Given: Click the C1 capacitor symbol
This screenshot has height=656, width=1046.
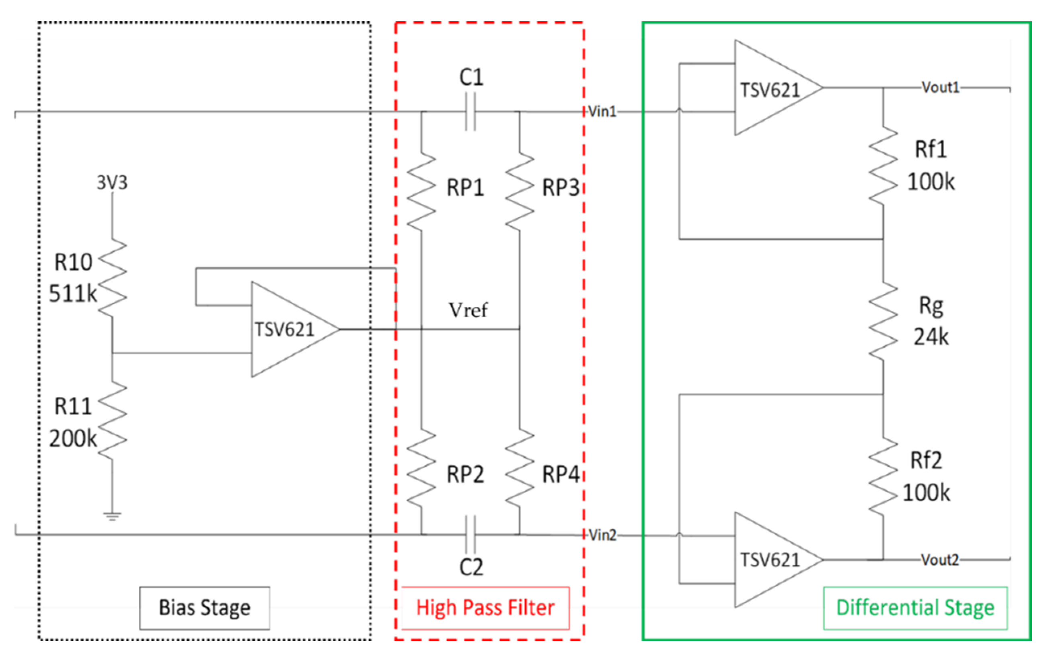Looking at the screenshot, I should [x=471, y=112].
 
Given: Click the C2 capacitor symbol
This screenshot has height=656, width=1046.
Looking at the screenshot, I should [x=471, y=534].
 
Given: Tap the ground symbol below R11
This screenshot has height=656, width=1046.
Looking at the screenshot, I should [x=112, y=516].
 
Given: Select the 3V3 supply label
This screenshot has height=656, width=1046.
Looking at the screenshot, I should [x=112, y=182].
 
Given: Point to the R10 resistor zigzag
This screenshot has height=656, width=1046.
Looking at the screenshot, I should [x=113, y=278].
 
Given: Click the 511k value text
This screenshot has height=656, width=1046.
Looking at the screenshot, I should [x=72, y=294].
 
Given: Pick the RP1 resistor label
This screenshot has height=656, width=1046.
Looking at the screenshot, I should [x=465, y=188].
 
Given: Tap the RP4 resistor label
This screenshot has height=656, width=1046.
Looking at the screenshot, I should [x=560, y=474].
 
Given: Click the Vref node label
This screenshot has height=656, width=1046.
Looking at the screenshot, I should [x=468, y=310].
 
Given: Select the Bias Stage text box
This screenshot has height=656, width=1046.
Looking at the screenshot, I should [x=204, y=607].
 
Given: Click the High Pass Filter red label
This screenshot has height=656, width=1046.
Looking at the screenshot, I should [x=485, y=607].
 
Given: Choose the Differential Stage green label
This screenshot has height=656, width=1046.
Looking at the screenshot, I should [x=915, y=607].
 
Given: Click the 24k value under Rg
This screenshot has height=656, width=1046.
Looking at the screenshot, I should [x=931, y=337].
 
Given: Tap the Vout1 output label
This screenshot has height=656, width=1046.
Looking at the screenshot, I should [x=940, y=88].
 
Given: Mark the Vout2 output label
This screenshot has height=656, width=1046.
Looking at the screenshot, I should [x=940, y=560].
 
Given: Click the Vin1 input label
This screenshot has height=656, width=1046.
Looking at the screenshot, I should [x=602, y=111].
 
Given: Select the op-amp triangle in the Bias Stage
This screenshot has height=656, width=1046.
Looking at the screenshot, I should [x=289, y=329].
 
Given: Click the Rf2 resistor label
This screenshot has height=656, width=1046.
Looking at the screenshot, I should [x=926, y=460].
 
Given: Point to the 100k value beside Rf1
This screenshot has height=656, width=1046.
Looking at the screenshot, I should [x=931, y=182].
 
